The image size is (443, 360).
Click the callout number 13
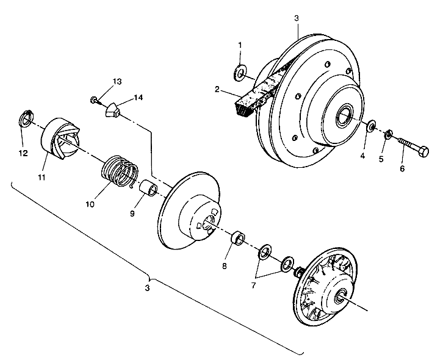[x=117, y=82]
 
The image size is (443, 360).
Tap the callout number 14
[x=138, y=98]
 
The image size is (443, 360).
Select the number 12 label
[x=23, y=153]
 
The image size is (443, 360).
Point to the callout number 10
[x=90, y=204]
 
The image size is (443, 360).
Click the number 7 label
[x=253, y=286]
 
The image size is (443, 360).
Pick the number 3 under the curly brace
[x=147, y=288]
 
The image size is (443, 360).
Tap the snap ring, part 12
[x=27, y=119]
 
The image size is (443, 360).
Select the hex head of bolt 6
[x=423, y=151]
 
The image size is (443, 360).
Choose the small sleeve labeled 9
[x=149, y=188]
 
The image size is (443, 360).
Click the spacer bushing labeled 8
[x=238, y=237]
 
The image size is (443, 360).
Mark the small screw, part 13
[x=95, y=101]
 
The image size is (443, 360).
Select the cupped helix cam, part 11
[x=60, y=139]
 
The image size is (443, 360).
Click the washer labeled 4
[x=372, y=126]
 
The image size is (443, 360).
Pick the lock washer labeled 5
[x=389, y=134]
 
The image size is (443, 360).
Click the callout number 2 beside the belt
[x=217, y=90]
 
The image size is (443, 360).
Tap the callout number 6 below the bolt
[x=402, y=168]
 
